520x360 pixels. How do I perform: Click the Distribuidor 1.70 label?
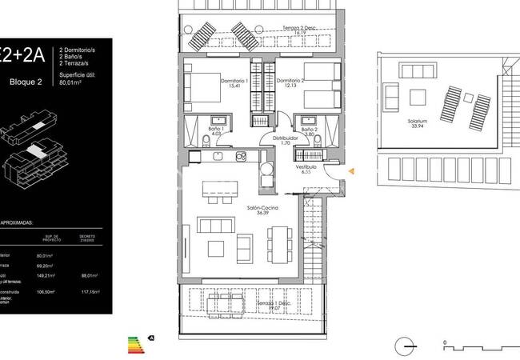pos(284,141)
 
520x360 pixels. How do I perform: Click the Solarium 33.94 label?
pos(416,122)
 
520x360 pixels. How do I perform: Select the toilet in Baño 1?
pos(206,143)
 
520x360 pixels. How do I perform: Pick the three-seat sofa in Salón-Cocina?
pos(214,224)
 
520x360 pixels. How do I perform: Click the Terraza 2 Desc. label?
pos(299,30)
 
